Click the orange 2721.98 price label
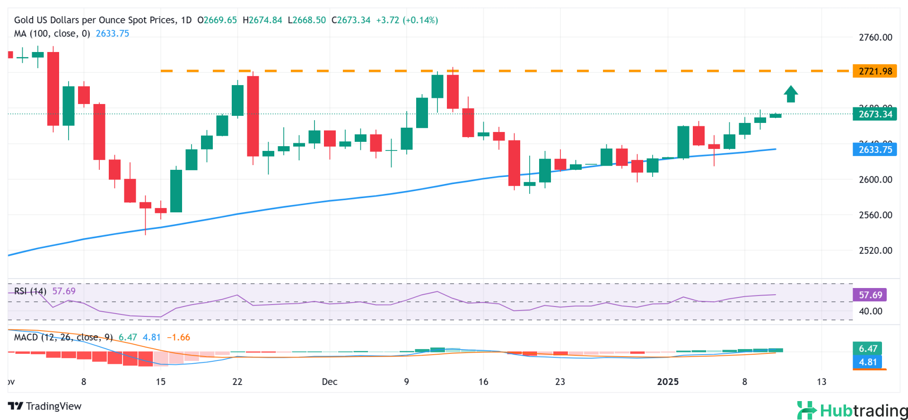point(874,71)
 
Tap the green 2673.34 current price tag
point(874,114)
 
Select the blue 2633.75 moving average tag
point(874,149)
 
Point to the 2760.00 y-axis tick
point(875,37)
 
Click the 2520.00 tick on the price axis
point(875,251)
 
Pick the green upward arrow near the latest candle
point(791,94)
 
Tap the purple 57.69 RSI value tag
point(870,295)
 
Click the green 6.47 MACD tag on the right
point(867,349)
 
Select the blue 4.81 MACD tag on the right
point(867,362)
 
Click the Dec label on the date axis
point(330,382)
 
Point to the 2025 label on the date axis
point(668,382)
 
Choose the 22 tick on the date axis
point(237,382)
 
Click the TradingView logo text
point(45,406)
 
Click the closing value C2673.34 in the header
point(351,20)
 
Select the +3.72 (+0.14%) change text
point(407,20)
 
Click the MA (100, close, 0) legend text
point(52,34)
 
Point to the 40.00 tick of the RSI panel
point(870,311)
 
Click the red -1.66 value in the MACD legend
point(178,337)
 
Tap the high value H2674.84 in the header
point(262,20)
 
